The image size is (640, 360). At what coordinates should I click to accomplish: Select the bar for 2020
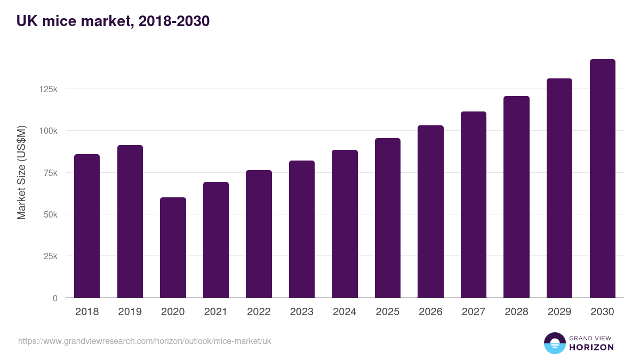pos(173,247)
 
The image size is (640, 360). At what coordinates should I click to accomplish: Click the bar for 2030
pos(602,179)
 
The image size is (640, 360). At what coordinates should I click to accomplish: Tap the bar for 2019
pos(130,221)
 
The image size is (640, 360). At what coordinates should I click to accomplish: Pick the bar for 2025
pos(388,218)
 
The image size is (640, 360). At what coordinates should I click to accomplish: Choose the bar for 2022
pos(259,234)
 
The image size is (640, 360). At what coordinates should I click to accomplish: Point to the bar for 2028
pos(516,197)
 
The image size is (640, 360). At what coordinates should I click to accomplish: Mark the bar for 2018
pos(87,226)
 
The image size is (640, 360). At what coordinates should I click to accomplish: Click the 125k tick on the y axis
pos(49,89)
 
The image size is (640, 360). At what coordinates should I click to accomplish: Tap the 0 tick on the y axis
pos(55,298)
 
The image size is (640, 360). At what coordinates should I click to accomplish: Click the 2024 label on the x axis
pos(345,312)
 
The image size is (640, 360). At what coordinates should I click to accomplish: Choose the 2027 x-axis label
pos(473,312)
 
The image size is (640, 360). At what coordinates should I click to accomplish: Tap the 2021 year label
pos(215,312)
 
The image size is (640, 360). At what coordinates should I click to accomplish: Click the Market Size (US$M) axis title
pos(21,173)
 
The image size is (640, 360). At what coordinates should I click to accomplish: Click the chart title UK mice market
pos(113,21)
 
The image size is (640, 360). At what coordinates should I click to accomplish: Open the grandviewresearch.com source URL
pos(145,341)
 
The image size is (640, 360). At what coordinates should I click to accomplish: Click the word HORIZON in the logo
pos(591,347)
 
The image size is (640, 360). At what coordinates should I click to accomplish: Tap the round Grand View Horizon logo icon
pos(554,343)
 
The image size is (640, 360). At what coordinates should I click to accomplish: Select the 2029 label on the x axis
pos(559,312)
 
